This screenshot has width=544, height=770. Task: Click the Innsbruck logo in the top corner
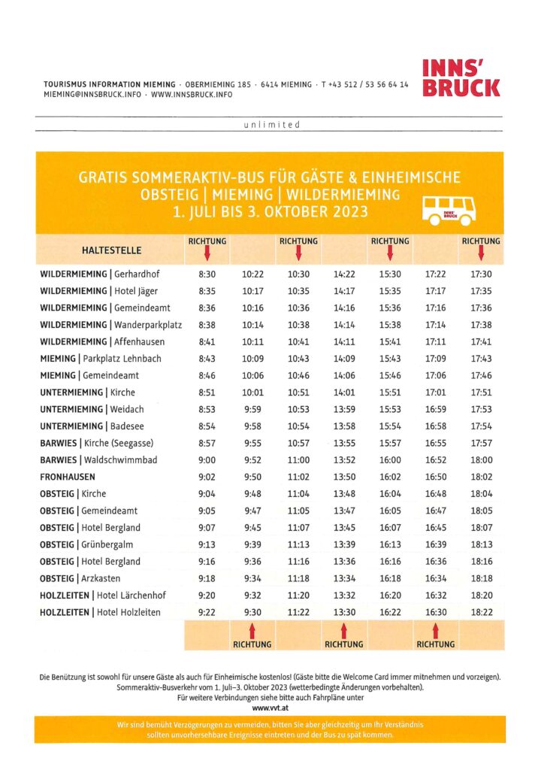tap(461, 77)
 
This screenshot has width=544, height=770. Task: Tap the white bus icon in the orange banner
tap(448, 211)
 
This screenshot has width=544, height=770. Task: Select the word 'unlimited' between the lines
tap(272, 125)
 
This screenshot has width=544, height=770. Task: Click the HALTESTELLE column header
tap(112, 250)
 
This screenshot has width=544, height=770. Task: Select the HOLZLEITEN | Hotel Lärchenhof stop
tap(102, 596)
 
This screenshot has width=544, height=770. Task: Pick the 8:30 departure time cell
tap(207, 274)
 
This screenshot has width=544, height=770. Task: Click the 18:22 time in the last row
tap(480, 612)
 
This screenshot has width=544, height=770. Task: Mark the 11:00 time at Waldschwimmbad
tap(298, 460)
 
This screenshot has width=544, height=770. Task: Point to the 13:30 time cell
tap(344, 612)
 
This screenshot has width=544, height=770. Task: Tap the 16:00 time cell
tap(390, 460)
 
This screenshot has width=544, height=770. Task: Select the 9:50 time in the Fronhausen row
tap(252, 477)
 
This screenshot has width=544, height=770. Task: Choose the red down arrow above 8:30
tap(207, 253)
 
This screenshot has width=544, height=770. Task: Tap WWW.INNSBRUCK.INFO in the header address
tap(192, 95)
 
